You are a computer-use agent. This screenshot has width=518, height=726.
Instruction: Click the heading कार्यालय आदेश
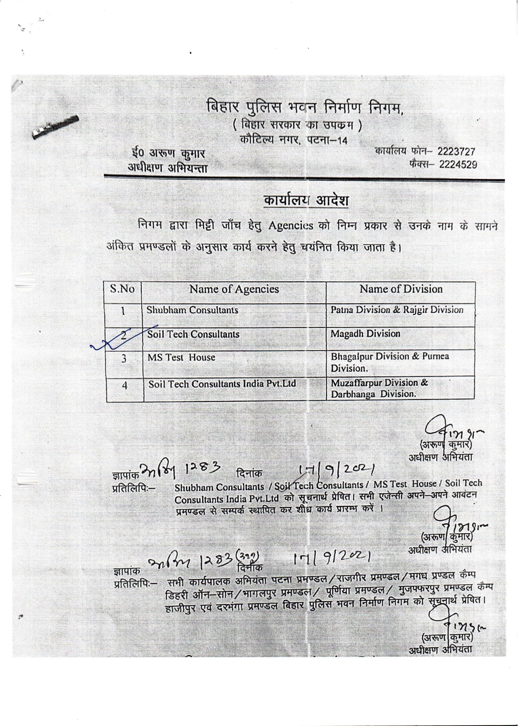tap(306, 201)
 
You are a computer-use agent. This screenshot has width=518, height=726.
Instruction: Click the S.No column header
tap(122, 289)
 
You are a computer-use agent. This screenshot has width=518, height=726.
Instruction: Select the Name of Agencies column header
tap(234, 289)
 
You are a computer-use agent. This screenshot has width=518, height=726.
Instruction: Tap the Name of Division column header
tap(401, 289)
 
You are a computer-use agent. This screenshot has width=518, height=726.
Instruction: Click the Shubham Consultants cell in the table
tap(192, 310)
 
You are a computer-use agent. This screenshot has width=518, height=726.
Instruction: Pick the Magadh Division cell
tap(365, 334)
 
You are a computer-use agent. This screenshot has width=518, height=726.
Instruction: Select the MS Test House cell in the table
tap(181, 358)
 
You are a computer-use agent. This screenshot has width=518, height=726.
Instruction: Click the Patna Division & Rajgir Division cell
tap(397, 310)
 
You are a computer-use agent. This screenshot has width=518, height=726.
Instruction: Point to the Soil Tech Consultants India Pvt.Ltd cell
tap(222, 384)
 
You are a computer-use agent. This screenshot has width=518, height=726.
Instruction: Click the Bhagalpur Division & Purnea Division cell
tap(390, 362)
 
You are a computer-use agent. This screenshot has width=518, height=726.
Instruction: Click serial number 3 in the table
tap(124, 358)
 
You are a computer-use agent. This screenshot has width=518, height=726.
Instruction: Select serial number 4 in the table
tap(124, 386)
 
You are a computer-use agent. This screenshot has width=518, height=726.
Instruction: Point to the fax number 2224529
tap(458, 164)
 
